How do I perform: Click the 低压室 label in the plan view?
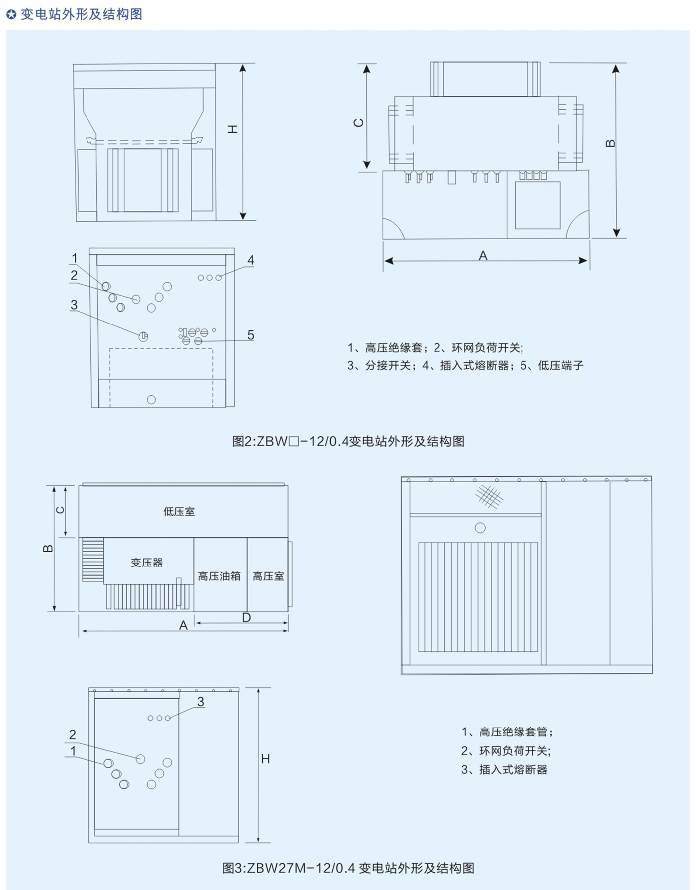pyautogui.click(x=179, y=511)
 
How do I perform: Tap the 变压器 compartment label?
pyautogui.click(x=147, y=563)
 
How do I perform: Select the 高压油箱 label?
pyautogui.click(x=219, y=576)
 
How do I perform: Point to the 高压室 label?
pyautogui.click(x=268, y=576)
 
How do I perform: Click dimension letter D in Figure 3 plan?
pyautogui.click(x=246, y=617)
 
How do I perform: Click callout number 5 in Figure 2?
pyautogui.click(x=251, y=335)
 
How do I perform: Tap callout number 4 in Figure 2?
pyautogui.click(x=251, y=260)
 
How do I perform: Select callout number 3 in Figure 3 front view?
pyautogui.click(x=201, y=702)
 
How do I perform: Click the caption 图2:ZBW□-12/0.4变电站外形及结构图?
pyautogui.click(x=348, y=441)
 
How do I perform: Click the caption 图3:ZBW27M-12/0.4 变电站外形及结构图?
pyautogui.click(x=348, y=868)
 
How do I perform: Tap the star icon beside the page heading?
pyautogui.click(x=11, y=15)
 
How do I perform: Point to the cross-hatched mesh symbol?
pyautogui.click(x=489, y=496)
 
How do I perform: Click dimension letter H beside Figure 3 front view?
pyautogui.click(x=266, y=759)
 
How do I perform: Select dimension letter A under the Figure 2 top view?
pyautogui.click(x=483, y=256)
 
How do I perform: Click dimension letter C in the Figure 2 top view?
pyautogui.click(x=359, y=123)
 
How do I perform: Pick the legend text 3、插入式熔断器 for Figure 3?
pyautogui.click(x=504, y=770)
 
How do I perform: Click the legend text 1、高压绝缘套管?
pyautogui.click(x=507, y=732)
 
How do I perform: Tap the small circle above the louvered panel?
pyautogui.click(x=480, y=528)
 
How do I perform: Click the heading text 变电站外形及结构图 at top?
pyautogui.click(x=82, y=14)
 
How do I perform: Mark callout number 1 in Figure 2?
pyautogui.click(x=75, y=258)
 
